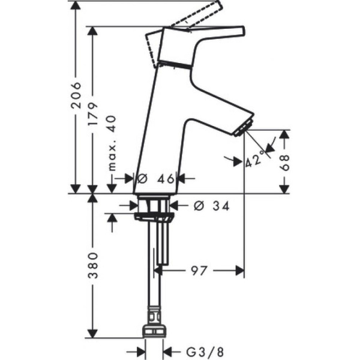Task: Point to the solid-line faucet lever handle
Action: [x=210, y=33]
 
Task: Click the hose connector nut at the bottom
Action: [x=155, y=330]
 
